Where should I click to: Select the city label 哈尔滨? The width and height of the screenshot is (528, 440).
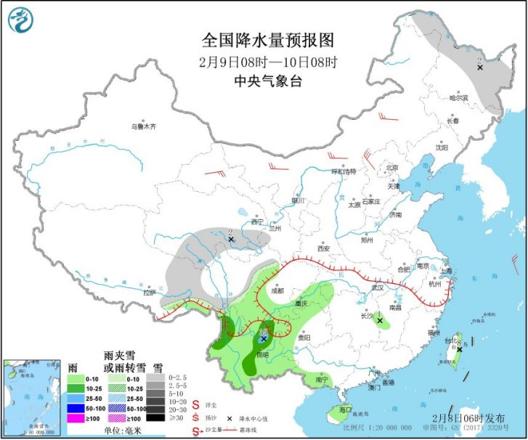(x=459, y=97)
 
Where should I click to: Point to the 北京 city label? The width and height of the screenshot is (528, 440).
(x=391, y=168)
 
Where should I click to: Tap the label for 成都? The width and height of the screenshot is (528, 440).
(x=277, y=290)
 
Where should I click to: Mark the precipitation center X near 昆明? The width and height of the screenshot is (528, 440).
(x=263, y=338)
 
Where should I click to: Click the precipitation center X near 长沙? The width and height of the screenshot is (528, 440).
(x=380, y=320)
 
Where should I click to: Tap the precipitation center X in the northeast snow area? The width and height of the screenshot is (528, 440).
(x=479, y=67)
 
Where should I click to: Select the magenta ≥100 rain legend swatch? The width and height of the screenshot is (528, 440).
(x=76, y=419)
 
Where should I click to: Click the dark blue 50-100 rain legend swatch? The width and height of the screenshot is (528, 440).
(x=76, y=409)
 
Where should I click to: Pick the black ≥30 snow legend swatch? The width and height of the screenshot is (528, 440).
(x=155, y=417)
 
